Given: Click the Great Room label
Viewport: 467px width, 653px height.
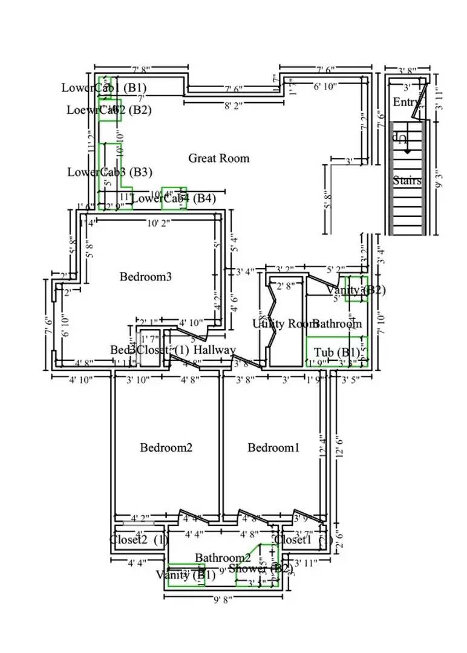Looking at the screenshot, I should click(218, 158).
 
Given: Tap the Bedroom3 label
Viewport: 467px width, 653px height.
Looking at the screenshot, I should click(146, 277).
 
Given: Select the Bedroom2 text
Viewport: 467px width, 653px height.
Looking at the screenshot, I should click(166, 447).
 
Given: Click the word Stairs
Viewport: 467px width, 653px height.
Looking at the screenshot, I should click(407, 180).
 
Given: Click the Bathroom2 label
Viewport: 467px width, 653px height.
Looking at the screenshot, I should click(223, 557).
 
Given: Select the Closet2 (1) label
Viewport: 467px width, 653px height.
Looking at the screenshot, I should click(139, 540).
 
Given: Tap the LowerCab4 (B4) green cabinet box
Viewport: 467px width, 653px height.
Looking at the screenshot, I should click(174, 198).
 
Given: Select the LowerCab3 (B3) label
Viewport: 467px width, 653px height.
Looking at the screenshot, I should click(109, 172).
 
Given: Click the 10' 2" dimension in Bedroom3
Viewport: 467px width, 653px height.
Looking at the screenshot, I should click(159, 223).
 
